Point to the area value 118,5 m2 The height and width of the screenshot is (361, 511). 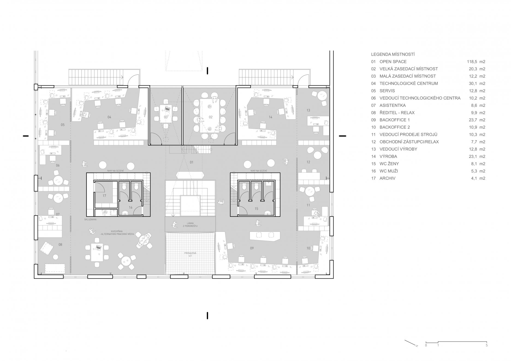point(476,62)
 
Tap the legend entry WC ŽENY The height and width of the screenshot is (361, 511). point(389,164)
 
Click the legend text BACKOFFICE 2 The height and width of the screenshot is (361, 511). point(395,127)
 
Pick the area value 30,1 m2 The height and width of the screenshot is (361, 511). point(477,83)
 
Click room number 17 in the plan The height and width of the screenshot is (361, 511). point(104,196)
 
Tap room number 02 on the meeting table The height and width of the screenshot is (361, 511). point(211,117)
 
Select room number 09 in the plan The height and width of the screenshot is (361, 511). point(252,248)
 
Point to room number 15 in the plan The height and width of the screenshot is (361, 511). point(256,209)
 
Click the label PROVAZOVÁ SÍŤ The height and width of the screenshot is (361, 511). point(190,254)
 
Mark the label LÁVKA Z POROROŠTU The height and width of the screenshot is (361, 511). point(190,225)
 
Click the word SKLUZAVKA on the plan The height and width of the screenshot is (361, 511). point(90,219)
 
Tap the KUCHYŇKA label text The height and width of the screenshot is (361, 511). point(117,233)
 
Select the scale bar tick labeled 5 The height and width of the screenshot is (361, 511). point(486,345)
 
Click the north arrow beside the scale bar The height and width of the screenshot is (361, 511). point(411,343)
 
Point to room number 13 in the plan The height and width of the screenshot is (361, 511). point(308,110)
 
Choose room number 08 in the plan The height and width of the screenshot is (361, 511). point(60,245)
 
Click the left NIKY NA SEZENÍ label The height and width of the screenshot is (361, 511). point(115,171)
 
